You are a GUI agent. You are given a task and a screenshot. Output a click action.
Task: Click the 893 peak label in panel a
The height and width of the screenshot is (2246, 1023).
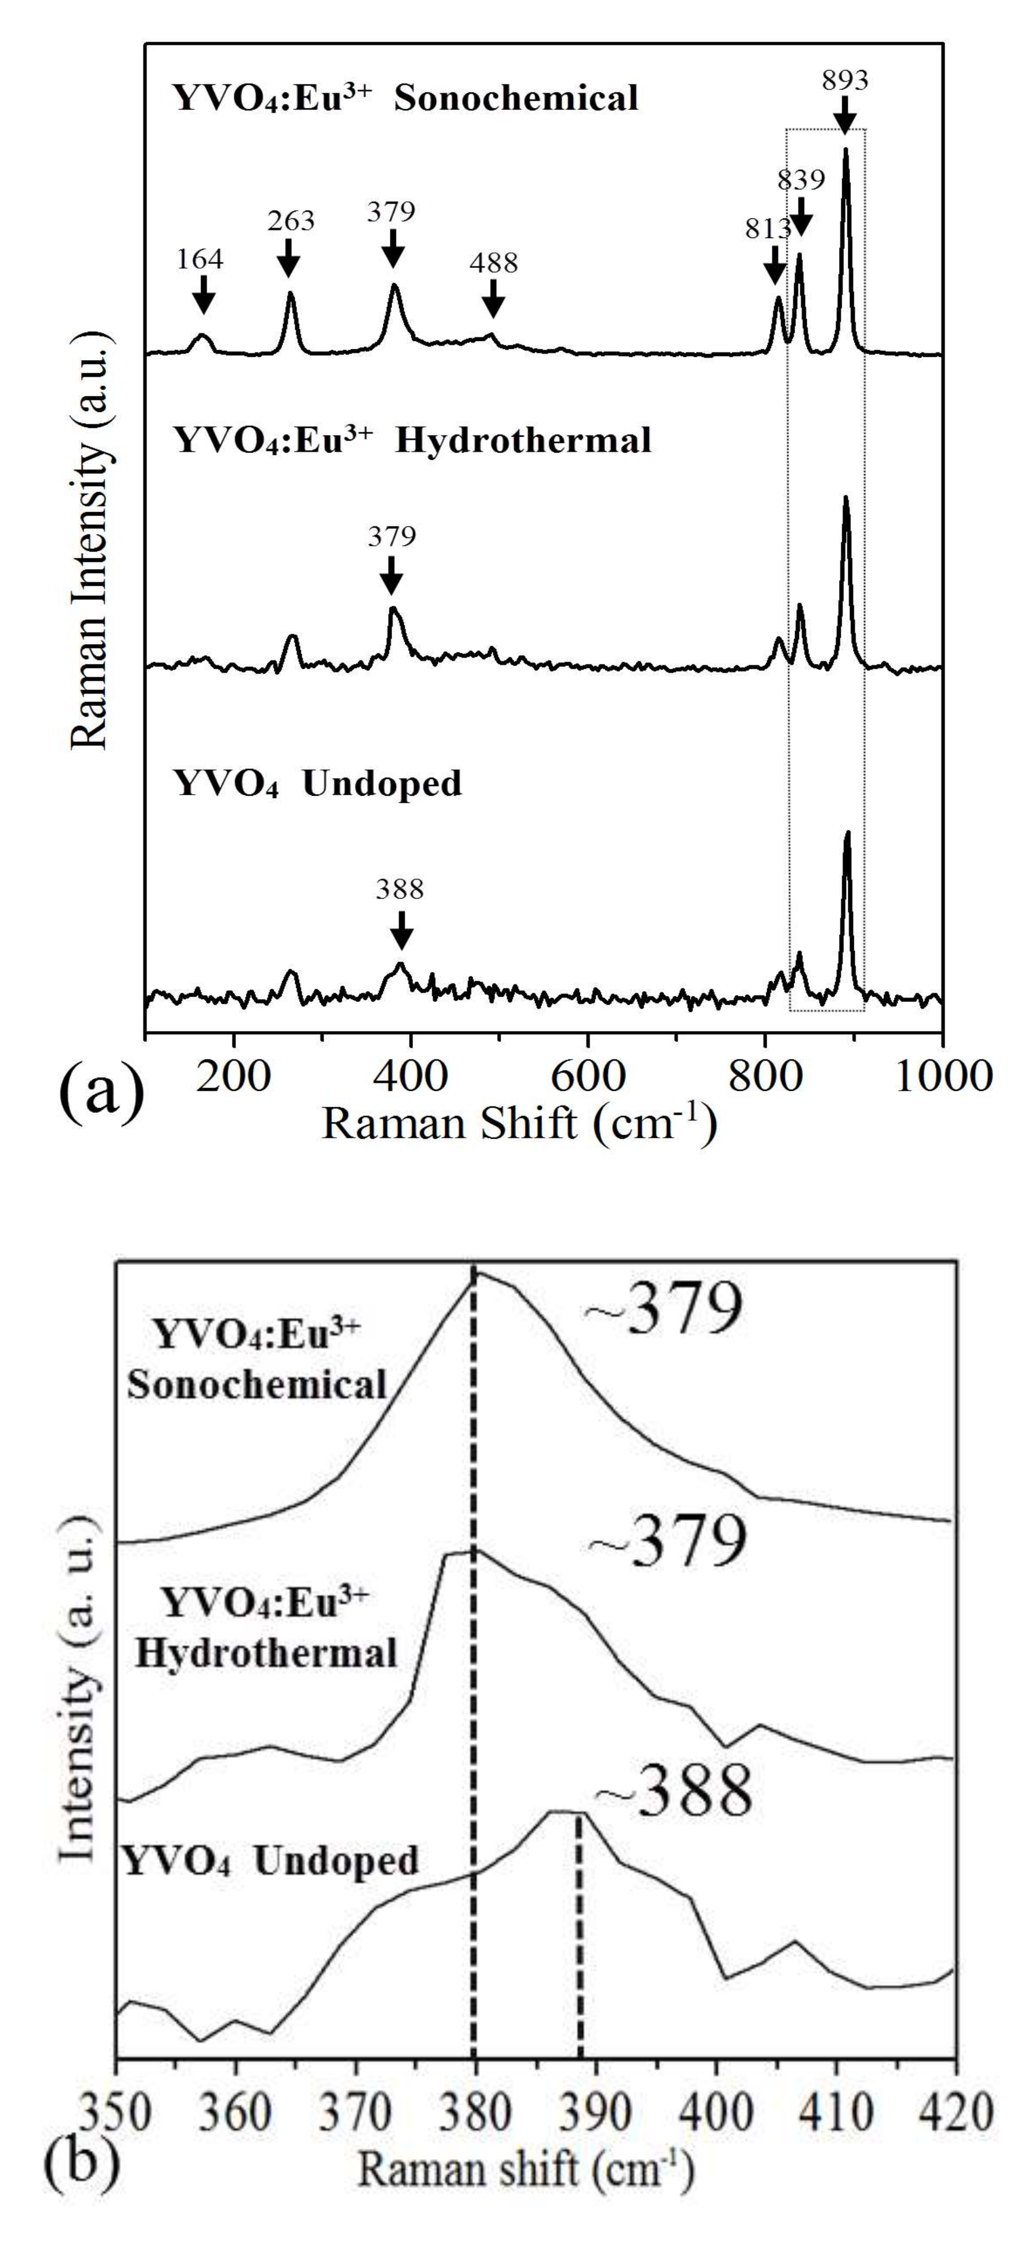tap(844, 81)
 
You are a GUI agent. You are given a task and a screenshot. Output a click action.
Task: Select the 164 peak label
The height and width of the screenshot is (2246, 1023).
tap(200, 259)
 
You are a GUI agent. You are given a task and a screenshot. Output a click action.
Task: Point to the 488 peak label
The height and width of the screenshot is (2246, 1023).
tap(493, 263)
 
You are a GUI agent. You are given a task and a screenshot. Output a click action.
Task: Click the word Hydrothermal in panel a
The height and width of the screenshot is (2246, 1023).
tap(522, 441)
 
